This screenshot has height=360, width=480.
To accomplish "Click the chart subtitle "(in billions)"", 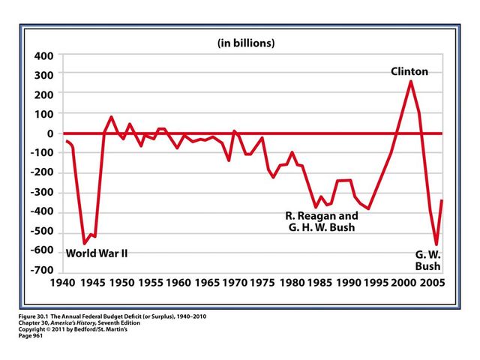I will pyautogui.click(x=246, y=43).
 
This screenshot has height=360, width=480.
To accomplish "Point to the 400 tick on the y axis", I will pyautogui.click(x=43, y=56).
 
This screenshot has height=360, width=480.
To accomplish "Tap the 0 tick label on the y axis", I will pyautogui.click(x=49, y=133).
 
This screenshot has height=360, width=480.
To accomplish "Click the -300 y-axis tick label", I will pyautogui.click(x=40, y=192).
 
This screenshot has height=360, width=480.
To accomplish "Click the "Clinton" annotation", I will pyautogui.click(x=409, y=72).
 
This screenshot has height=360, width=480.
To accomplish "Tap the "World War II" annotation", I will pyautogui.click(x=97, y=253).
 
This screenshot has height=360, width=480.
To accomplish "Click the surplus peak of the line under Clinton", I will pyautogui.click(x=410, y=81).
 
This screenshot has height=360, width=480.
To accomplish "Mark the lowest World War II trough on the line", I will pyautogui.click(x=84, y=243).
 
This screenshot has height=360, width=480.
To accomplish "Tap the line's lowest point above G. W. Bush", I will pyautogui.click(x=436, y=244).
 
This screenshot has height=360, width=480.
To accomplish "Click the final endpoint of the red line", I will pyautogui.click(x=442, y=200).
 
